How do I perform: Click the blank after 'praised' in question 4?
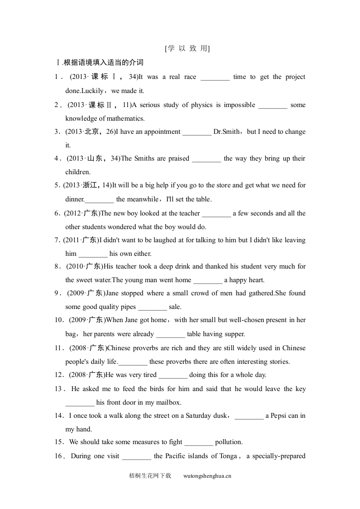[206, 159]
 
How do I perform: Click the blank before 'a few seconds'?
[216, 214]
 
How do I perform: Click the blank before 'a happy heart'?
[207, 280]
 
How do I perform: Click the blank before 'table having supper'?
[170, 334]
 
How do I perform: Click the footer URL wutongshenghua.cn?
[207, 476]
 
